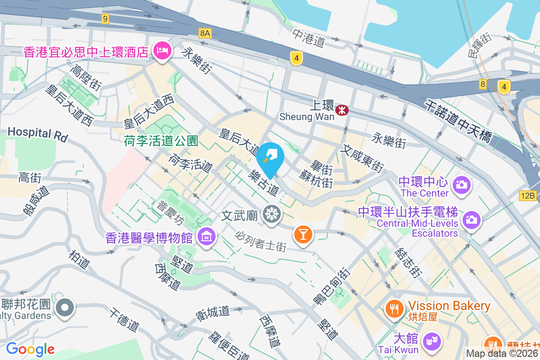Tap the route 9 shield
point(105,18)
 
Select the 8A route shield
point(205,33)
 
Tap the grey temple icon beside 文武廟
point(271,214)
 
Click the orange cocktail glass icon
point(302,234)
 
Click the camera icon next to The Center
point(460,184)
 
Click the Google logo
point(30,349)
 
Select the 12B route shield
point(528,196)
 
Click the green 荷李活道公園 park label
point(161,141)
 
